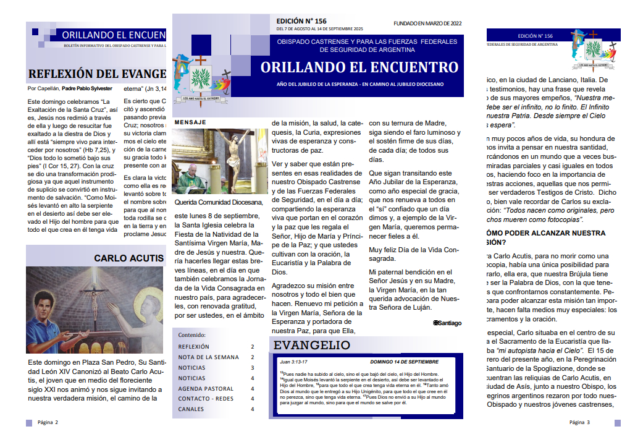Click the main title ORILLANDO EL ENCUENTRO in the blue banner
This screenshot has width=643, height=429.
click(x=359, y=67)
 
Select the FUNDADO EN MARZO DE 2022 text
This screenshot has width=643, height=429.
click(x=427, y=23)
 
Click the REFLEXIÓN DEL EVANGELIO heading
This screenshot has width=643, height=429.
click(x=98, y=74)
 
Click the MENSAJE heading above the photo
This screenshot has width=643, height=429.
click(x=190, y=122)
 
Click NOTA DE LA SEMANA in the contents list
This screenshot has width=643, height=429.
click(x=208, y=357)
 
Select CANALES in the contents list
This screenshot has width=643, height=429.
click(x=191, y=409)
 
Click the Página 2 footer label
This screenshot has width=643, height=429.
click(x=48, y=422)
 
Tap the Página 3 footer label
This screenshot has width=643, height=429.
click(x=580, y=422)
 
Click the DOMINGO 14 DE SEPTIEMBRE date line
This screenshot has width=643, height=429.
click(x=404, y=362)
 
